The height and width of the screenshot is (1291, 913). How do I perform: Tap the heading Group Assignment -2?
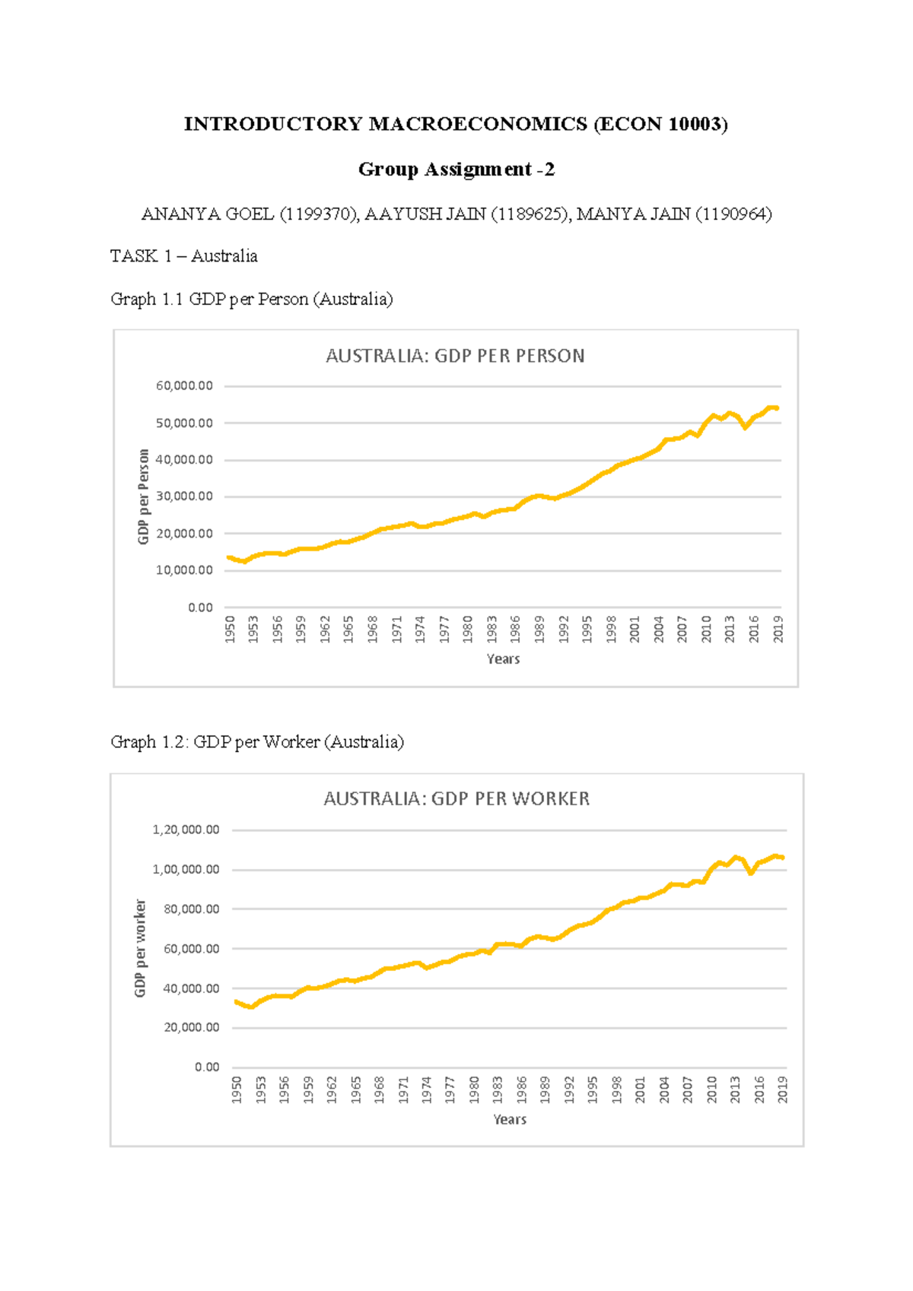[456, 169]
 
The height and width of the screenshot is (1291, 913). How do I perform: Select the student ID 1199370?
[319, 214]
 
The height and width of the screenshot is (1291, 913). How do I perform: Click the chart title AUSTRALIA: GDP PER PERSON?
[455, 356]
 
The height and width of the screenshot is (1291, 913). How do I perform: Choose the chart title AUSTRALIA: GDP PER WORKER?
[456, 798]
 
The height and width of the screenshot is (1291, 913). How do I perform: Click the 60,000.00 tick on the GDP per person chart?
[185, 386]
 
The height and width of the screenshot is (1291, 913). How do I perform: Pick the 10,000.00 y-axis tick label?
[185, 570]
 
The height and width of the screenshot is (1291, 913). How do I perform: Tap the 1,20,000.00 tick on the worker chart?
[186, 829]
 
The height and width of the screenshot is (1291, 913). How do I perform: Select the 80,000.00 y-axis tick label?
[192, 909]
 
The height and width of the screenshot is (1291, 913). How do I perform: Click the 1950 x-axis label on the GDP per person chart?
[230, 630]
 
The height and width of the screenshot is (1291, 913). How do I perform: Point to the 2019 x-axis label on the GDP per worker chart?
[783, 1090]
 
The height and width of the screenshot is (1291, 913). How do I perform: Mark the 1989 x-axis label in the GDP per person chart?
[539, 630]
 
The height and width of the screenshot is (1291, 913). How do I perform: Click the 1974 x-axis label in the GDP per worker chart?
[427, 1090]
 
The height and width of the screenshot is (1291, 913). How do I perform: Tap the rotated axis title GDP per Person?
[144, 496]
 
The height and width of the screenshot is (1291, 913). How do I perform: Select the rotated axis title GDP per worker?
[140, 948]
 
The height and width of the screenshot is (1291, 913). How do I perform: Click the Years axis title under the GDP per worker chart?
[510, 1119]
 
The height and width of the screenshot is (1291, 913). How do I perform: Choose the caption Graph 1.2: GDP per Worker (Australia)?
[257, 742]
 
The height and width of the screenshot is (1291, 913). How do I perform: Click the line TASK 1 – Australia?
[184, 256]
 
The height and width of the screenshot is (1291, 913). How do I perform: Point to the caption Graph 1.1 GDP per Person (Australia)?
[252, 299]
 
